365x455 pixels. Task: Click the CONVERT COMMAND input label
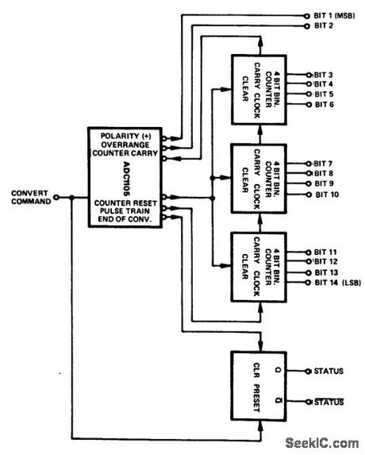click(31, 196)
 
